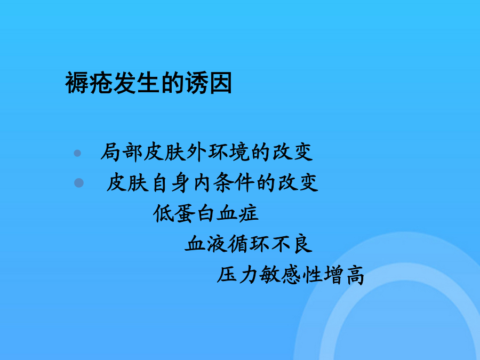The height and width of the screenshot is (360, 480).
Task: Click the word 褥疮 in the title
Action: coord(89,83)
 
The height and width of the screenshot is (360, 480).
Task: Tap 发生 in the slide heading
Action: coord(137,83)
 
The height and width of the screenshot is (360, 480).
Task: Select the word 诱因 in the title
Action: coord(208,83)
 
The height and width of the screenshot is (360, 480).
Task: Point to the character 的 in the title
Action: coord(172,83)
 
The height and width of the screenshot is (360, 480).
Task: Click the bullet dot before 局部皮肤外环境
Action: coord(77,153)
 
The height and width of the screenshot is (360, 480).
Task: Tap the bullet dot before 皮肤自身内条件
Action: coord(79,183)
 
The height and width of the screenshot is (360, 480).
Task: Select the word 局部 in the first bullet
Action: coord(122,152)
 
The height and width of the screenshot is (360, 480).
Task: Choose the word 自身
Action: coord(170,183)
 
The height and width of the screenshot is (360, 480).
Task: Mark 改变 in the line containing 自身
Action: coord(298,183)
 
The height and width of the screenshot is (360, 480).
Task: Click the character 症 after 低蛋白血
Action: coord(248,213)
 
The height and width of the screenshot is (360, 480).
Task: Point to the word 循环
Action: coord(249,244)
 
